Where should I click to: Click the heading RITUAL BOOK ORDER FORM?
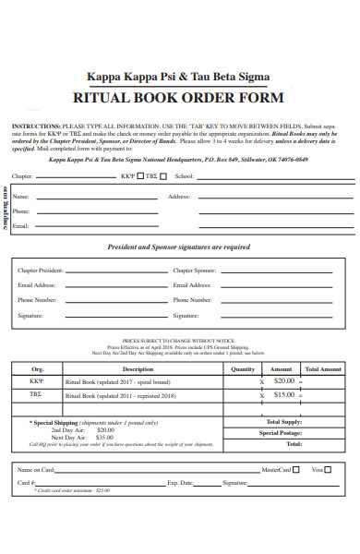tap(179, 98)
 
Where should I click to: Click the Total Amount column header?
tap(323, 368)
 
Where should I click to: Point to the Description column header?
tap(138, 368)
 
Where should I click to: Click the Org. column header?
tap(38, 368)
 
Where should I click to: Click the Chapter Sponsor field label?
tap(195, 271)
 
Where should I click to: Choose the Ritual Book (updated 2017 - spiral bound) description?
tap(118, 381)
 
